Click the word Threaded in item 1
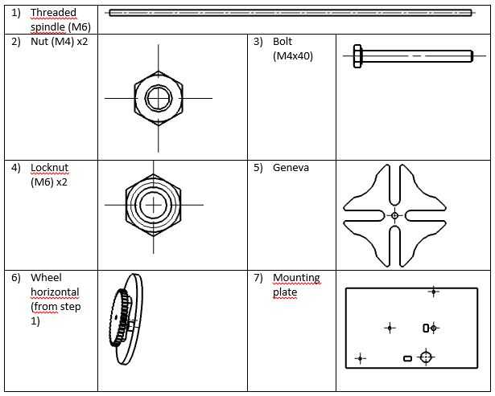click(54, 13)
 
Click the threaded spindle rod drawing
click(290, 12)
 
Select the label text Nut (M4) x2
click(60, 42)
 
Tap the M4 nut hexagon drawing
click(159, 98)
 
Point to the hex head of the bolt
click(358, 55)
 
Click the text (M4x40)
click(293, 55)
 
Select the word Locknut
click(49, 168)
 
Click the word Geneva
click(291, 168)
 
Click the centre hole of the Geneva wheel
click(394, 216)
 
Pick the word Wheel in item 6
click(46, 278)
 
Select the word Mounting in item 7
click(296, 278)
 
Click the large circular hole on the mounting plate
click(427, 357)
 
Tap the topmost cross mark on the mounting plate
click(434, 292)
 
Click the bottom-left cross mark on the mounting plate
click(360, 357)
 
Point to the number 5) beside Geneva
click(258, 168)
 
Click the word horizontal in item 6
click(55, 292)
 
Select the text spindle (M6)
click(61, 27)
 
